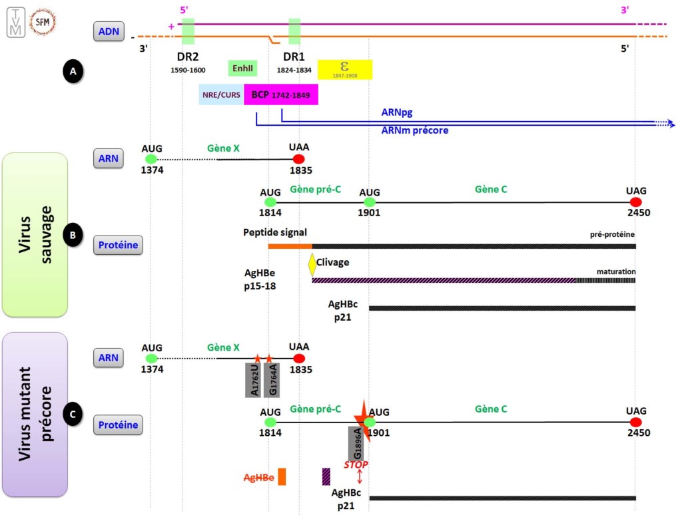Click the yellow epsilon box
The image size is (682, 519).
[344, 69]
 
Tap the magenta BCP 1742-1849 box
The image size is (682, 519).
[280, 94]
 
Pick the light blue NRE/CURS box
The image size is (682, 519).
[221, 94]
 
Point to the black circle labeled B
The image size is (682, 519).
[72, 234]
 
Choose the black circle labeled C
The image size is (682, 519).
[72, 415]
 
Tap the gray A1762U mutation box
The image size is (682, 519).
[254, 380]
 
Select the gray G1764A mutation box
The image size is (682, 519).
[272, 380]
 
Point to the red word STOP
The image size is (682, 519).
[356, 464]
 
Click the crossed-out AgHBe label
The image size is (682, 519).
[259, 477]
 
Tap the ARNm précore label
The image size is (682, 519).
[414, 130]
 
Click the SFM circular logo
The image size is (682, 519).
[44, 22]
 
